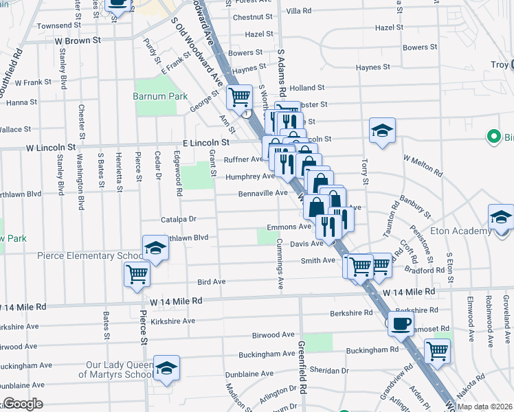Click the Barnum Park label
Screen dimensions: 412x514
pyautogui.click(x=160, y=97)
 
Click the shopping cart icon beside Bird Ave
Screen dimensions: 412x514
pyautogui.click(x=137, y=273)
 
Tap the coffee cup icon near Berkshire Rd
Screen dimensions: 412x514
pyautogui.click(x=401, y=323)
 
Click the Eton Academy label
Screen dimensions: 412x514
pyautogui.click(x=468, y=233)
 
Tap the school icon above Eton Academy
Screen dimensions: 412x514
pyautogui.click(x=502, y=217)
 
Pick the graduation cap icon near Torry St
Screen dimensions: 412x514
pyautogui.click(x=383, y=130)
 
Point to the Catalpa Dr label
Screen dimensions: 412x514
pyautogui.click(x=179, y=219)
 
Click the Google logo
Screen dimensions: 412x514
pyautogui.click(x=23, y=404)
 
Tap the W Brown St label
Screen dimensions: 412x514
pyautogui.click(x=78, y=40)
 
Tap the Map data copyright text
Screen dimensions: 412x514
pyautogui.click(x=484, y=407)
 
